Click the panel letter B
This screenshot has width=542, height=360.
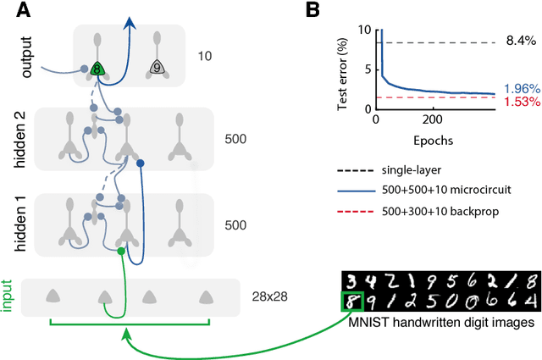point(312,10)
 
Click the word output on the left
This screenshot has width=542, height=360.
point(30,55)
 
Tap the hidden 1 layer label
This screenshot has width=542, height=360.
point(30,225)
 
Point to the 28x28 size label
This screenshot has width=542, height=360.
point(269,296)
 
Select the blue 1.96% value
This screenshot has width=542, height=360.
point(518,89)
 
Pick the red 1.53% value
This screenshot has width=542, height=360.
point(518,102)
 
